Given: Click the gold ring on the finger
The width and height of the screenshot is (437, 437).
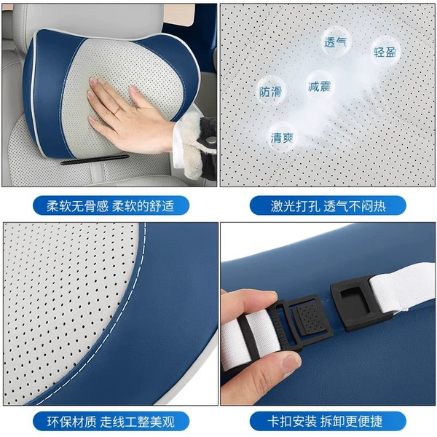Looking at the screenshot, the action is click(117, 111).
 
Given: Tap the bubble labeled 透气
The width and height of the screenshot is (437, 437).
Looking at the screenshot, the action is click(335, 42).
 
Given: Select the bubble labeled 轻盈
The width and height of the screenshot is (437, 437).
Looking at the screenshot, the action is click(385, 52).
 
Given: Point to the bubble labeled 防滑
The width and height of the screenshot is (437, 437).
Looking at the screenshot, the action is click(271, 92).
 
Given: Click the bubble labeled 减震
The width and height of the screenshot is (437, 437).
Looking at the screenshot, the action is click(320, 86).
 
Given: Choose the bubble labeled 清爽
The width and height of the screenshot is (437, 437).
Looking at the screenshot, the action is click(282, 138).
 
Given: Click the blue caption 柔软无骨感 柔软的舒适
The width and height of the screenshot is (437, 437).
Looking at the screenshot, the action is click(111, 205).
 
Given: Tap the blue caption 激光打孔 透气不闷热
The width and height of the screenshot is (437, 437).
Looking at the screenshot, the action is click(328, 205).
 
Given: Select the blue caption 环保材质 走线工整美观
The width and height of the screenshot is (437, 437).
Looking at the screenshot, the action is click(111, 421).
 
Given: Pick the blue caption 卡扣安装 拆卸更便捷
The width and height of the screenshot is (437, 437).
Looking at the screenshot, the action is click(328, 421).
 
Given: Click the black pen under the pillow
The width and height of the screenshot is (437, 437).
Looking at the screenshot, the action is click(95, 160).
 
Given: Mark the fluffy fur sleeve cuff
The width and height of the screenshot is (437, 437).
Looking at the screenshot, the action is click(195, 145).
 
